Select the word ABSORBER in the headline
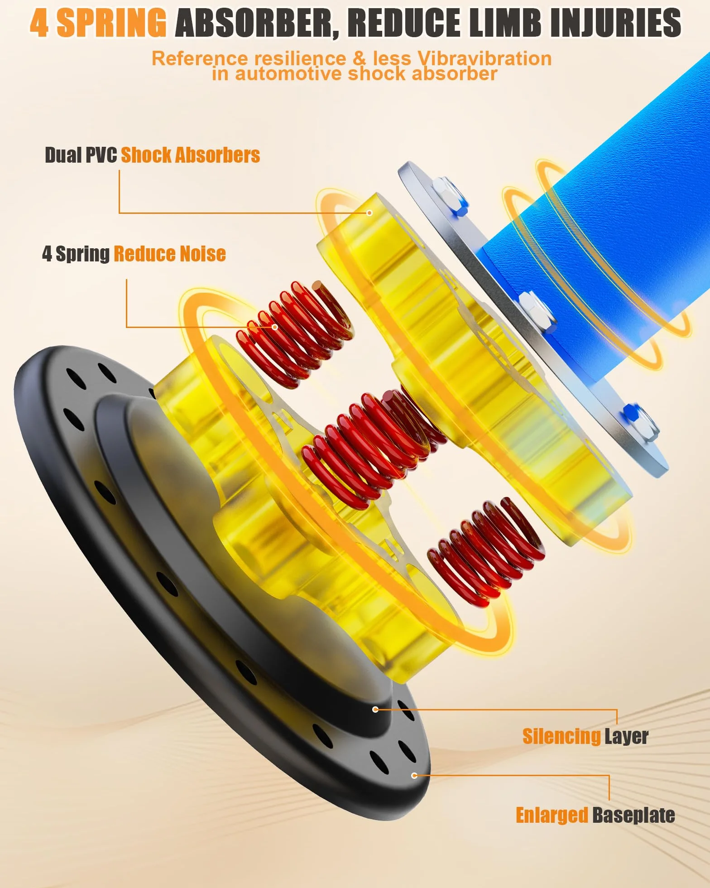(257, 23)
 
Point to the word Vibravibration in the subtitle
(485, 58)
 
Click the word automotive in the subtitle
(288, 74)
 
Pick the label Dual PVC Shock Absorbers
(152, 155)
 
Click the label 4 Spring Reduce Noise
(134, 254)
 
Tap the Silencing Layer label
(585, 736)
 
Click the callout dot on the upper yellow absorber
(369, 213)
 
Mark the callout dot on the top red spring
(274, 327)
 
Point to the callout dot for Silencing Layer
(375, 709)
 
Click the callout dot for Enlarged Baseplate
(414, 776)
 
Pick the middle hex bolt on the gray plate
(537, 312)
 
